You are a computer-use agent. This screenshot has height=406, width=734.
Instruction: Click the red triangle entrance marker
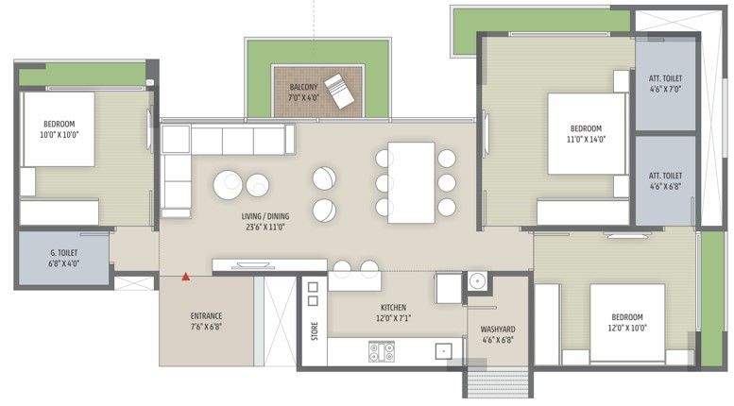click(186, 277)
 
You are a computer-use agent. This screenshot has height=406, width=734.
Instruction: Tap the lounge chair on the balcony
click(340, 91)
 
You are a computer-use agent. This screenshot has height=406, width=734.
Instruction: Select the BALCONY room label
click(303, 87)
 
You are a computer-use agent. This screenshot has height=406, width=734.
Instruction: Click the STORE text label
click(315, 330)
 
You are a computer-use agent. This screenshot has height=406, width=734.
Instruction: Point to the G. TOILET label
click(64, 253)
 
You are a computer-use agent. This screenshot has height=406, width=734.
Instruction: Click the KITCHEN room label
click(393, 307)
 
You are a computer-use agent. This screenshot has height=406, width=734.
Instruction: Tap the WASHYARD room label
click(498, 330)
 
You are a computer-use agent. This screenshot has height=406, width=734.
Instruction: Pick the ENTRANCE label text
click(206, 315)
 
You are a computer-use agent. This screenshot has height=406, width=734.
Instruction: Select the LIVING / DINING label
click(265, 216)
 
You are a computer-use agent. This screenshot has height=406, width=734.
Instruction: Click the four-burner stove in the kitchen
click(382, 351)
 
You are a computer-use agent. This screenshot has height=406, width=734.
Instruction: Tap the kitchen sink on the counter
click(443, 351)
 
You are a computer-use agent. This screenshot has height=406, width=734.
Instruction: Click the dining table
click(412, 182)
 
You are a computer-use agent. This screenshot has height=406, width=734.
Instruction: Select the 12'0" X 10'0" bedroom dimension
click(627, 328)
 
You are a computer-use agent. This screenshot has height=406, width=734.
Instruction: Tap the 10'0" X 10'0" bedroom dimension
click(59, 135)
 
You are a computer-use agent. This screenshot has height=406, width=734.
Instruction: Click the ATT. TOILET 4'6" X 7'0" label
click(665, 83)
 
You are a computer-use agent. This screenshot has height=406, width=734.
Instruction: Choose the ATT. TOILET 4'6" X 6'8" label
click(665, 180)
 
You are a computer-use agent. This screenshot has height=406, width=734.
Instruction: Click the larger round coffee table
click(228, 185)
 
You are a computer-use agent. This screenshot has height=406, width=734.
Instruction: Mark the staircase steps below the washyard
click(498, 383)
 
